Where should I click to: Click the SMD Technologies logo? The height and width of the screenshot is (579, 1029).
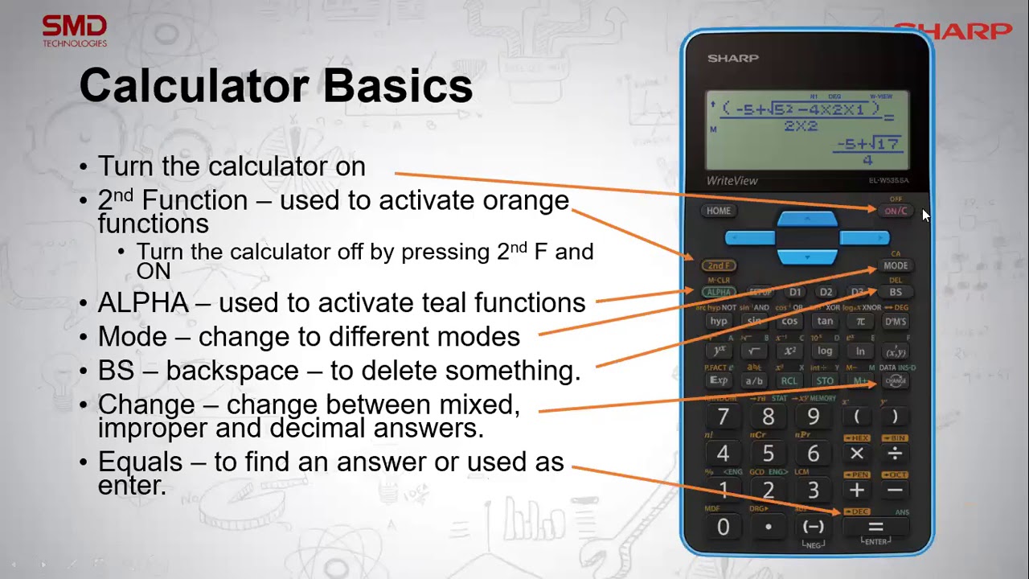pyautogui.click(x=75, y=31)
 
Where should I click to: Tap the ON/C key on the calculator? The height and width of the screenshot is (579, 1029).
pyautogui.click(x=895, y=211)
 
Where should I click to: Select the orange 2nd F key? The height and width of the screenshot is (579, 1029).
pyautogui.click(x=719, y=265)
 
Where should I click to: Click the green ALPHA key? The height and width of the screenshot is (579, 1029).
pyautogui.click(x=719, y=293)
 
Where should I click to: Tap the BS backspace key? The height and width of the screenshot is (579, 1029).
pyautogui.click(x=895, y=293)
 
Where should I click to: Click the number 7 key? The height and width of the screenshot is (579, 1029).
pyautogui.click(x=723, y=417)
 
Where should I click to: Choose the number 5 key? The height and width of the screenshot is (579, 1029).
pyautogui.click(x=769, y=454)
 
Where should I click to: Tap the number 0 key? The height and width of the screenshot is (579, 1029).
pyautogui.click(x=723, y=527)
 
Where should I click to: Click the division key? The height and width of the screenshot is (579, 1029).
pyautogui.click(x=895, y=454)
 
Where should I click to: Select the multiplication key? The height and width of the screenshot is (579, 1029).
pyautogui.click(x=857, y=454)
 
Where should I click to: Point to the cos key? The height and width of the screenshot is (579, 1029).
pyautogui.click(x=789, y=322)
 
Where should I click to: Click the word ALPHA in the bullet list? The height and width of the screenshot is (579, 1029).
pyautogui.click(x=143, y=303)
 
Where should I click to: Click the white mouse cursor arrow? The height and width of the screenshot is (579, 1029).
pyautogui.click(x=926, y=216)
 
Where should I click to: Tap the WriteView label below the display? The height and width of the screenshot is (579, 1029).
pyautogui.click(x=732, y=181)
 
